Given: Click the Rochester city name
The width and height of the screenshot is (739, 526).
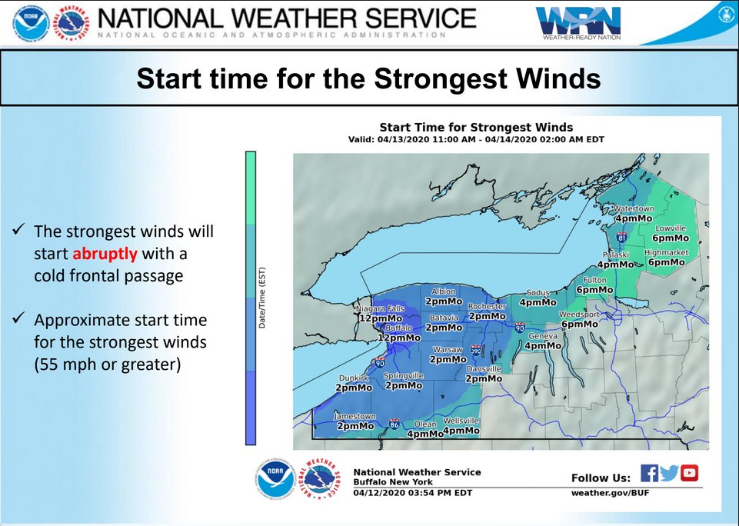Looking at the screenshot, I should [487, 306].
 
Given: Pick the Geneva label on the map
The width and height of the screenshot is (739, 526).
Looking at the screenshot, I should [542, 337].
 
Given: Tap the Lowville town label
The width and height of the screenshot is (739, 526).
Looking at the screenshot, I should [670, 228].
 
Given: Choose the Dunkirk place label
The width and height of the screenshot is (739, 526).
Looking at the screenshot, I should [355, 378].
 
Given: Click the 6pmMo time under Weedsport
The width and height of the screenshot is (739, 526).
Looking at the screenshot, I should [579, 325].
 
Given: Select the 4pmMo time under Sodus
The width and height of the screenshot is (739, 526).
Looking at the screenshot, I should [538, 302].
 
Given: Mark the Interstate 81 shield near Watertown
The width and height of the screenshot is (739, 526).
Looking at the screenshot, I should [621, 238].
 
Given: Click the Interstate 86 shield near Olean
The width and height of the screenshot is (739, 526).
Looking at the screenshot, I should [394, 424].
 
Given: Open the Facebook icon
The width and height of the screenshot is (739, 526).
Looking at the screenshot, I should [649, 474].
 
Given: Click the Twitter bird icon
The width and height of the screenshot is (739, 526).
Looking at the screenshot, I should [669, 474].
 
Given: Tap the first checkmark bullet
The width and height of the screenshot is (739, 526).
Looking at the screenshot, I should [20, 231].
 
